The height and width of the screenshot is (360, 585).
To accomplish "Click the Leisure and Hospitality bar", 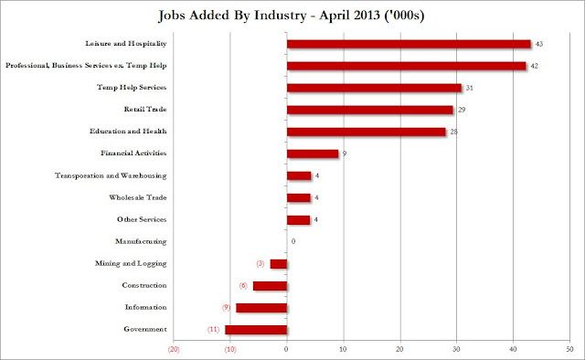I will click(409, 44).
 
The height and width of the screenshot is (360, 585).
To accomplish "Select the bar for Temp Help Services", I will click(374, 88).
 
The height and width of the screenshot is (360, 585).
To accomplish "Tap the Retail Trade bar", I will click(369, 110).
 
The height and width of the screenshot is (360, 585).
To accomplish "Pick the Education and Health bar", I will click(366, 132).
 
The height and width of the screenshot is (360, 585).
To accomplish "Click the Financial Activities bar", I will click(313, 154).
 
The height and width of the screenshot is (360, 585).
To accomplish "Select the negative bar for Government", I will click(256, 329).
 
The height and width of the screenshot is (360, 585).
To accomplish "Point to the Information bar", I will click(261, 307).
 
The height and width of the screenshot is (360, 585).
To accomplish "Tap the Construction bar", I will click(270, 286).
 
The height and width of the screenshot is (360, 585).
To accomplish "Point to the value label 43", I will click(539, 44).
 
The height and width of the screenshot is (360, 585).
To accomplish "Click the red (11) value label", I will click(210, 329).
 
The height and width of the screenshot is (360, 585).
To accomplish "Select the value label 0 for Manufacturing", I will click(293, 241).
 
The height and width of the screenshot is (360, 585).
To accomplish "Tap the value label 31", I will click(471, 88).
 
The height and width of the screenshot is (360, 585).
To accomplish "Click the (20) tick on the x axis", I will click(173, 349).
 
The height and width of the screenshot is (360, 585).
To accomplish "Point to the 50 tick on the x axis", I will click(569, 349).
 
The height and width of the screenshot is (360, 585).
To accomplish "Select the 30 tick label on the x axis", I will click(456, 349).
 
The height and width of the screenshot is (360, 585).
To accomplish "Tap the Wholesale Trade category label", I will click(142, 197).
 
